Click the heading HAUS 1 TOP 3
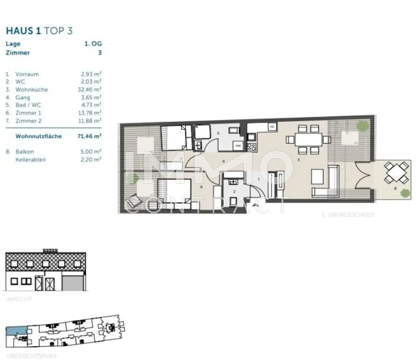tap(39, 31)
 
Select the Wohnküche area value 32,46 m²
tap(91, 89)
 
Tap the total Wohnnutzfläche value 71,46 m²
tap(90, 136)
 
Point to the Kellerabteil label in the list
tap(31, 159)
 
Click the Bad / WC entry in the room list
tap(28, 105)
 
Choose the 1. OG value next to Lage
tap(93, 44)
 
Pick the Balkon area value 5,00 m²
tap(91, 152)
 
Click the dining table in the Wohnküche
tap(308, 139)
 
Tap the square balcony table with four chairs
tap(397, 173)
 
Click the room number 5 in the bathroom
tap(218, 133)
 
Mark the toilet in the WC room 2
tap(234, 201)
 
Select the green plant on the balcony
tap(404, 193)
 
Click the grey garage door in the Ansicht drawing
tap(73, 282)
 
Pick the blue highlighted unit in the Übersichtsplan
tap(15, 331)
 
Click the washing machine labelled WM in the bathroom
tap(238, 145)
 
